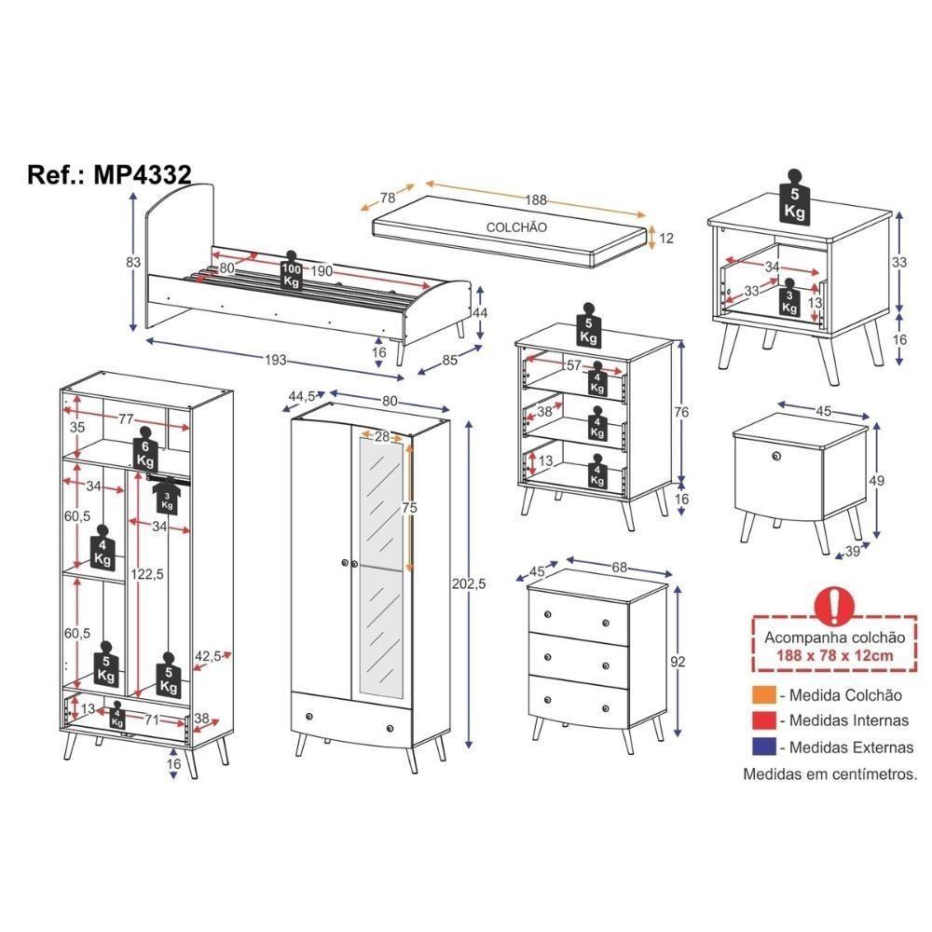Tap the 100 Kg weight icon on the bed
[x=292, y=270]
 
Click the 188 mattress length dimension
[x=534, y=199]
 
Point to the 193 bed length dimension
[x=274, y=361]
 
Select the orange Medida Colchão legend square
[x=761, y=695]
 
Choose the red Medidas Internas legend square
[x=761, y=720]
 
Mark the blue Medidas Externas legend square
[x=761, y=746]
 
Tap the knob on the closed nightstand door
[x=774, y=455]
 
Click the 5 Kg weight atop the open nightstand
[x=794, y=198]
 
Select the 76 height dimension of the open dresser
[x=681, y=411]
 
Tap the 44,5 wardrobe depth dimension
[x=301, y=396]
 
